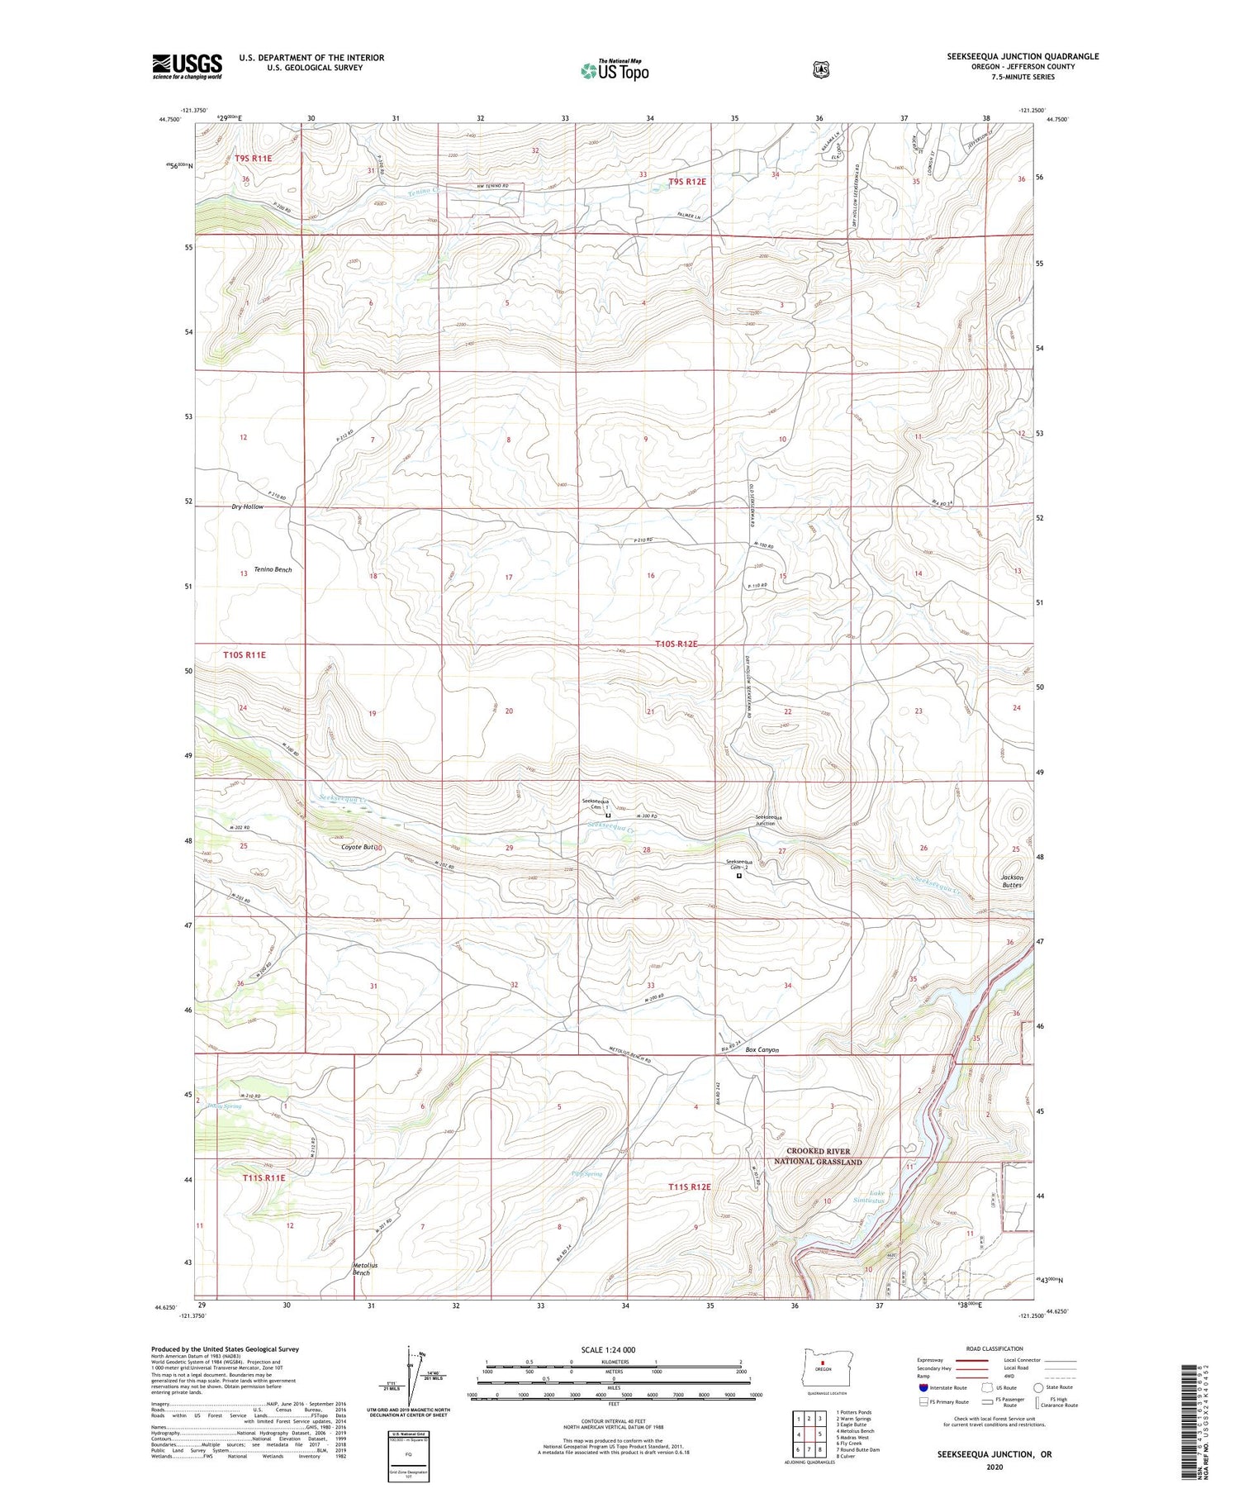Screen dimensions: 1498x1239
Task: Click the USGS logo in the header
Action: tap(187, 66)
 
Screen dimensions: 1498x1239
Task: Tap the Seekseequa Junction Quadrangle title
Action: tap(1023, 56)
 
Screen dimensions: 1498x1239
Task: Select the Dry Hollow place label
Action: tap(247, 506)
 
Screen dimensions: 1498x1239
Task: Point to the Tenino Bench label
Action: tap(273, 569)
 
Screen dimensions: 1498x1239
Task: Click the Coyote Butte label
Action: tap(362, 847)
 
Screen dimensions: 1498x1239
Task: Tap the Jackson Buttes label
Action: tap(1012, 881)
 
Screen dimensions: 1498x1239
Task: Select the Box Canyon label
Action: tap(762, 1050)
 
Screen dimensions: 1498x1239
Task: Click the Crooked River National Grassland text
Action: tap(818, 1157)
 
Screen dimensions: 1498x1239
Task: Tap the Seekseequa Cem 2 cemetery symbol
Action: tap(738, 877)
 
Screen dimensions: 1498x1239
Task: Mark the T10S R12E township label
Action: tap(676, 644)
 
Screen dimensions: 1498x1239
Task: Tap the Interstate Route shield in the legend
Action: tap(923, 1387)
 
